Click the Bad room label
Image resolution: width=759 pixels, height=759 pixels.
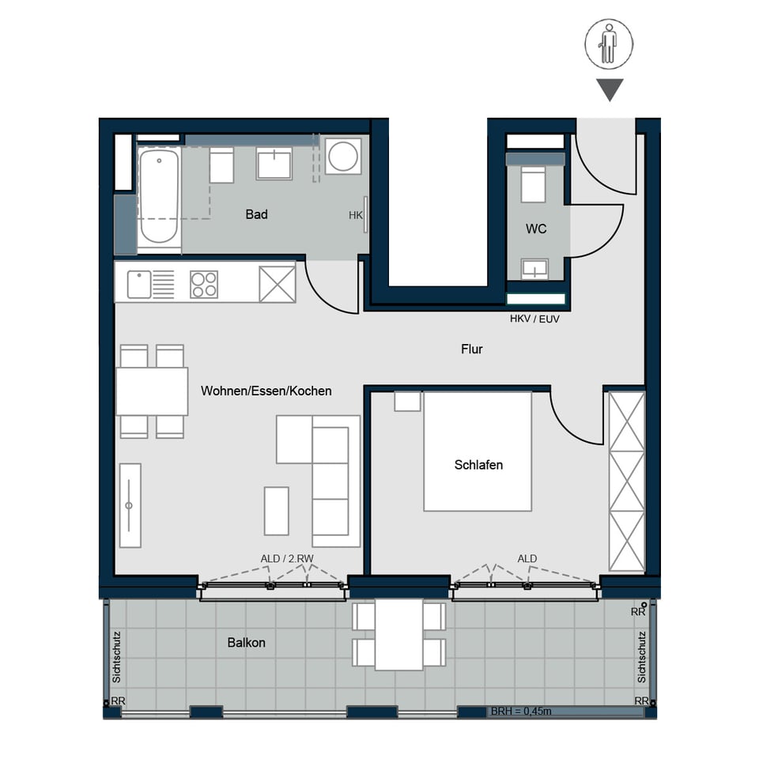click(x=256, y=214)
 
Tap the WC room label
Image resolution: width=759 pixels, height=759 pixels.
click(x=536, y=229)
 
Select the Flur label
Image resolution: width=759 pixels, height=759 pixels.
click(x=471, y=349)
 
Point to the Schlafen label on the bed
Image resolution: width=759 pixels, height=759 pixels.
click(x=478, y=465)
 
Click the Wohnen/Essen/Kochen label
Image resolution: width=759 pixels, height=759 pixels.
click(x=266, y=391)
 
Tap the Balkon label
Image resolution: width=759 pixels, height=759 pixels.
click(x=246, y=642)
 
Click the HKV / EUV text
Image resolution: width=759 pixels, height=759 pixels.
click(x=534, y=319)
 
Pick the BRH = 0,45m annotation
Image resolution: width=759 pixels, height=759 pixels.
click(x=521, y=711)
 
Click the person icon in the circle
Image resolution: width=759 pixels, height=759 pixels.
click(x=609, y=44)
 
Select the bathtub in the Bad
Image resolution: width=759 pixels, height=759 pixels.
click(x=159, y=196)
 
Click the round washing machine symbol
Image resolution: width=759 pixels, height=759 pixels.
click(x=342, y=157)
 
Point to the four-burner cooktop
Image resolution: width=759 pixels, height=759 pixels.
click(x=204, y=284)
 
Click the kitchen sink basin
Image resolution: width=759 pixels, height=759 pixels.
click(x=139, y=285)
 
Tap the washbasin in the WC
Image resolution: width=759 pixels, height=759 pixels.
click(x=534, y=269)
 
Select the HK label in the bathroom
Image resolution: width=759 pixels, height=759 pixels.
click(x=355, y=215)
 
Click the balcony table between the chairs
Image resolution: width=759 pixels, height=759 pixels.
click(x=398, y=635)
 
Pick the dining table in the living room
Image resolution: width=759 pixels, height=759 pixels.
click(x=152, y=391)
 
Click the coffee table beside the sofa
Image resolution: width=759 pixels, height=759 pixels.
click(x=277, y=511)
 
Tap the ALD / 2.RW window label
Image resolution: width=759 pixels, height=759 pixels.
click(x=287, y=559)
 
